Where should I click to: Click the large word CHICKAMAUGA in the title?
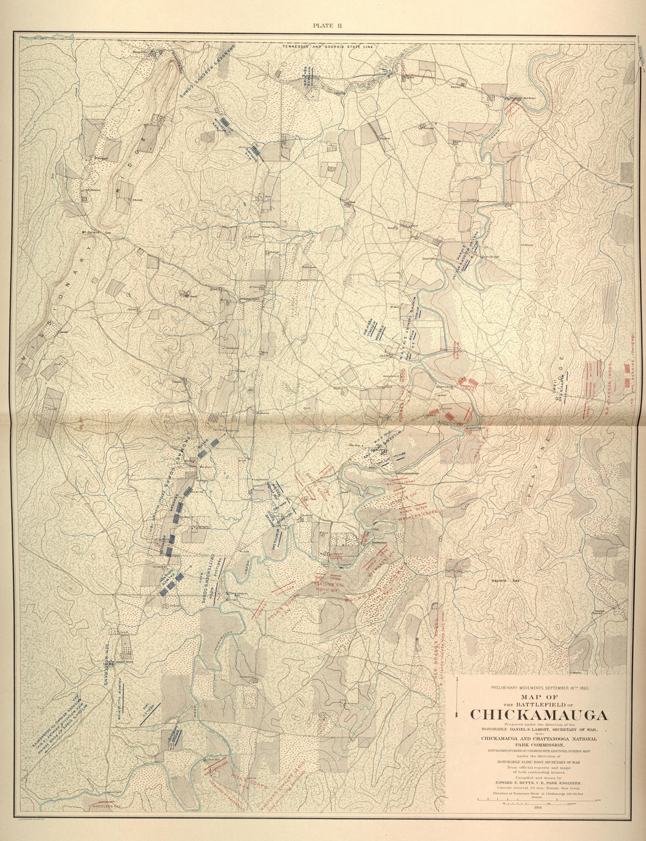539,715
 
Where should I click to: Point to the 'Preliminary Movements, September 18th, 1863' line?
539,687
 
